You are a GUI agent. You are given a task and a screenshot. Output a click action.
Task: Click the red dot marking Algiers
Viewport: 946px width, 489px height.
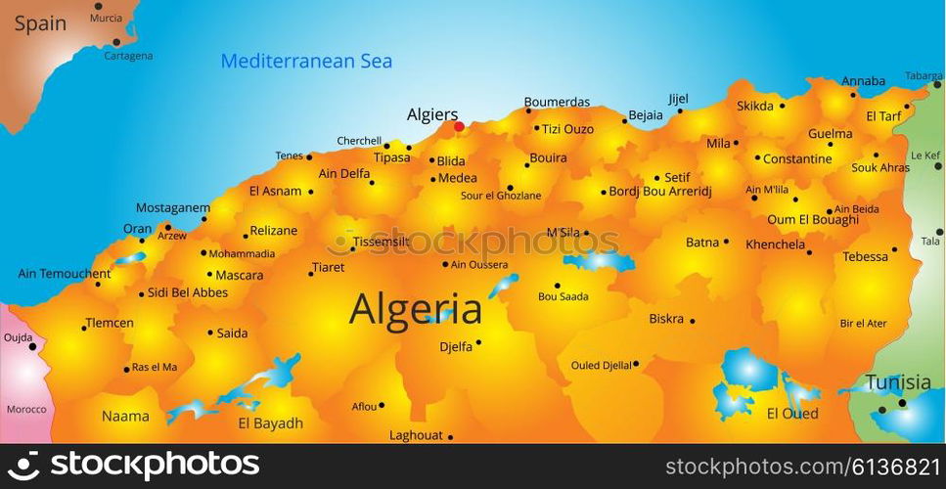tap(459, 126)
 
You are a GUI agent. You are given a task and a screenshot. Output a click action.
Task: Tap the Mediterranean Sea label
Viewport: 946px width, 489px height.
tap(306, 61)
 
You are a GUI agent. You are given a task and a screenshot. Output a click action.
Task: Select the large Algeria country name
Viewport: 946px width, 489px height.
tap(416, 309)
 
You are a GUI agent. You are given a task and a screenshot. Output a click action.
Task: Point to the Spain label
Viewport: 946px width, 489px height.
tap(40, 23)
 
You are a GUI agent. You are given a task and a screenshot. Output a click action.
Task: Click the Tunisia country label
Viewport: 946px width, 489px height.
tap(898, 381)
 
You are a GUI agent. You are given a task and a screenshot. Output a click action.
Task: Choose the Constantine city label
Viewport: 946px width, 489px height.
tap(797, 158)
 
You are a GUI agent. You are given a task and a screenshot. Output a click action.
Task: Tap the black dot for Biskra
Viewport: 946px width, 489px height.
tap(693, 321)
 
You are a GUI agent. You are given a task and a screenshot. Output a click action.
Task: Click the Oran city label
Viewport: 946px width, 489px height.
tap(137, 229)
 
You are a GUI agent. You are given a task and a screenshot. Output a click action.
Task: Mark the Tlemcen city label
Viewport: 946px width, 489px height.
tap(110, 323)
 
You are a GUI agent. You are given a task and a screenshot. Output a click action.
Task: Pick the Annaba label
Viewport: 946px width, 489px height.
tap(863, 81)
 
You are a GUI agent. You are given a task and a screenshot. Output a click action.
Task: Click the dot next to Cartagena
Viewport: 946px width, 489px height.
tap(116, 42)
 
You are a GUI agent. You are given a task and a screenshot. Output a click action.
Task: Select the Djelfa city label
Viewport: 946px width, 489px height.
tap(456, 345)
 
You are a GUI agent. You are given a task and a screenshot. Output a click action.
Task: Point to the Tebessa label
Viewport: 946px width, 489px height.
tap(866, 256)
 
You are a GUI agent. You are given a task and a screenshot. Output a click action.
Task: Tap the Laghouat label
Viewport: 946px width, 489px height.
tap(416, 435)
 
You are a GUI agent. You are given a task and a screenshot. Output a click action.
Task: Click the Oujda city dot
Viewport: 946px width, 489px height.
tap(32, 346)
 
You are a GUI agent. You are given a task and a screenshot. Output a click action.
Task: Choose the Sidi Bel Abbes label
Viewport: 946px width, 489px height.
tap(187, 292)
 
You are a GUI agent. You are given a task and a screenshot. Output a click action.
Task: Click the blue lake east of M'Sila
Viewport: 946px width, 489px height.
tap(600, 261)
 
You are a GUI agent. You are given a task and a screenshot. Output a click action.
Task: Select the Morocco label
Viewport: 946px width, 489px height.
tap(26, 409)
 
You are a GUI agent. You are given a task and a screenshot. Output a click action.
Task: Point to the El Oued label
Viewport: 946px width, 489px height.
tap(792, 414)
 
